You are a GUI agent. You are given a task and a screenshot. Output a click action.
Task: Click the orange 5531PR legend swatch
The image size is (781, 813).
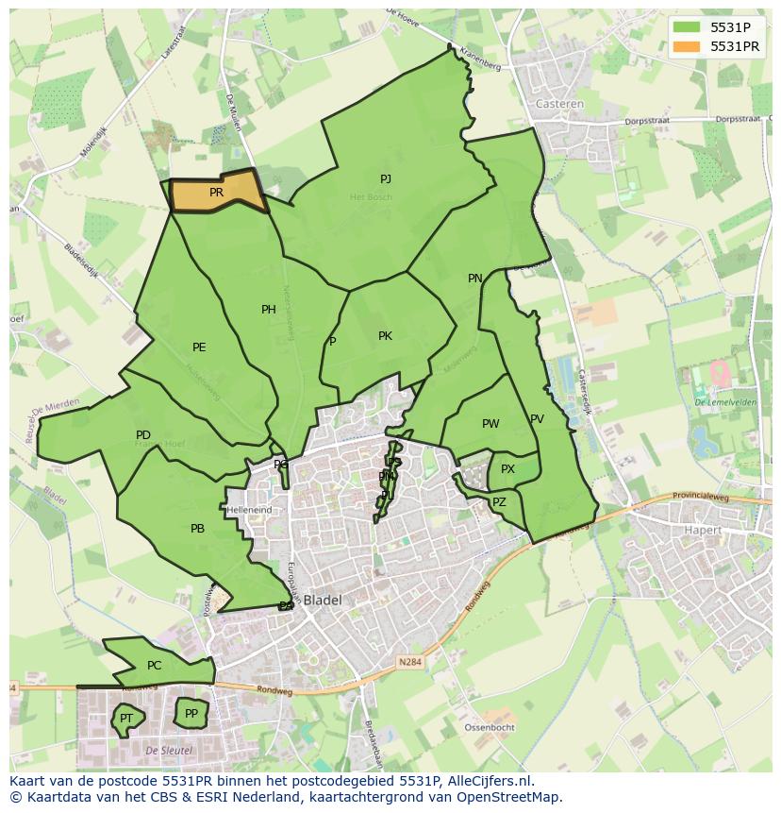[686, 46]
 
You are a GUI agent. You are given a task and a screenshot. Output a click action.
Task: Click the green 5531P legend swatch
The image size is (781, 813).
[686, 27]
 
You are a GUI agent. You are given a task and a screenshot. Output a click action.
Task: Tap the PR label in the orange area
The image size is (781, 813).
[216, 193]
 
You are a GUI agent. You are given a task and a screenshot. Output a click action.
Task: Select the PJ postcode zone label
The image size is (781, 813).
[386, 179]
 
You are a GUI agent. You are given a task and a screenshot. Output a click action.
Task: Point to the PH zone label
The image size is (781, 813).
[269, 310]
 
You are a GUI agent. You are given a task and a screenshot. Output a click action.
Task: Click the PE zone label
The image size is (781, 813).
[199, 347]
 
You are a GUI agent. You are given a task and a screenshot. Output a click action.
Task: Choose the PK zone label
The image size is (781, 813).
[385, 336]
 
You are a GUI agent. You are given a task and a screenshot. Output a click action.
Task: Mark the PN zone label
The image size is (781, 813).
[475, 279]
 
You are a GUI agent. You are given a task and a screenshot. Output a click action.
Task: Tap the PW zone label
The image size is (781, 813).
[490, 424]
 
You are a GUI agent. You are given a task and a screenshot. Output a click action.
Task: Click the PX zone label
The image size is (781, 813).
[507, 469]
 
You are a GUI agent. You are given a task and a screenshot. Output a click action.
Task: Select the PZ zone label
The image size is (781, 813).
[499, 502]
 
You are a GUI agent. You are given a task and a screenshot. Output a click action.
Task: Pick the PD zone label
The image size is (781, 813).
[143, 435]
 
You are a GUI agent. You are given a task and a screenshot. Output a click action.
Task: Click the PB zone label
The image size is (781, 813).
[197, 529]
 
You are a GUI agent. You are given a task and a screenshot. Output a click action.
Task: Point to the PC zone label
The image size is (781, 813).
[155, 666]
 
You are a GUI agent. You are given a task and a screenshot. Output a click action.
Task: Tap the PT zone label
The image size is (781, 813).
[125, 720]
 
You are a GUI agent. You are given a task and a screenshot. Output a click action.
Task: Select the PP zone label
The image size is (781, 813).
[191, 714]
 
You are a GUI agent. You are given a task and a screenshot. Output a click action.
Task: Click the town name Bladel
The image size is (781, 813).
[322, 600]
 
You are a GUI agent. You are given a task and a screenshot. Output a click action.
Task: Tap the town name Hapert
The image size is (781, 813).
[702, 531]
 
